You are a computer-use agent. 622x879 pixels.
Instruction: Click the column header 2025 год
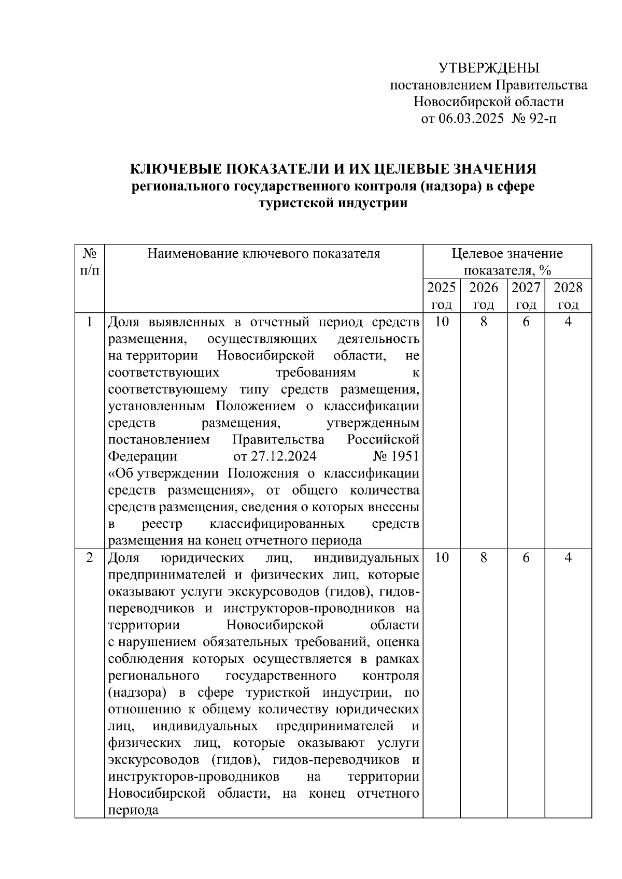[x=441, y=296]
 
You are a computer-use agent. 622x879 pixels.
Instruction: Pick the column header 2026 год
[x=483, y=296]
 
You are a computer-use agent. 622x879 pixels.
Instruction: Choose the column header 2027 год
[x=526, y=296]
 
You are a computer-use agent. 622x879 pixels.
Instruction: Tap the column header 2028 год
[x=568, y=296]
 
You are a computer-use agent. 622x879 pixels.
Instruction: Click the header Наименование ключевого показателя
[x=264, y=254]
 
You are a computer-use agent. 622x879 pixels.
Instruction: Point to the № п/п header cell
[x=90, y=262]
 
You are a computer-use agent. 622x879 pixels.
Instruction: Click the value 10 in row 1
[x=442, y=322]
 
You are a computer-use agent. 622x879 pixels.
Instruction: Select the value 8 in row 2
[x=484, y=558]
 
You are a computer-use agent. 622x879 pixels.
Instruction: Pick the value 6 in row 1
[x=526, y=322]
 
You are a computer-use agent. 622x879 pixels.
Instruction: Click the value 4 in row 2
[x=569, y=558]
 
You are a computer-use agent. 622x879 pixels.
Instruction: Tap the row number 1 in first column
[x=90, y=322]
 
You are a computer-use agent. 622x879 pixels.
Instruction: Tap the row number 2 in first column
[x=90, y=558]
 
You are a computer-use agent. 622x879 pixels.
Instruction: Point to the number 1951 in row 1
[x=405, y=457]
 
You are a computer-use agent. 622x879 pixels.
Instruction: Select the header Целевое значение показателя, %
[x=507, y=262]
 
